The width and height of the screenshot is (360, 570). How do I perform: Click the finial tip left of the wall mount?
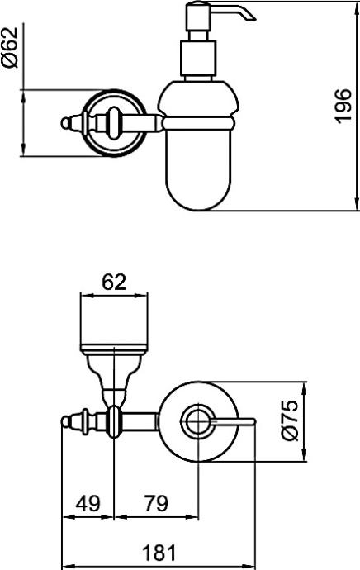click(x=64, y=123)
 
